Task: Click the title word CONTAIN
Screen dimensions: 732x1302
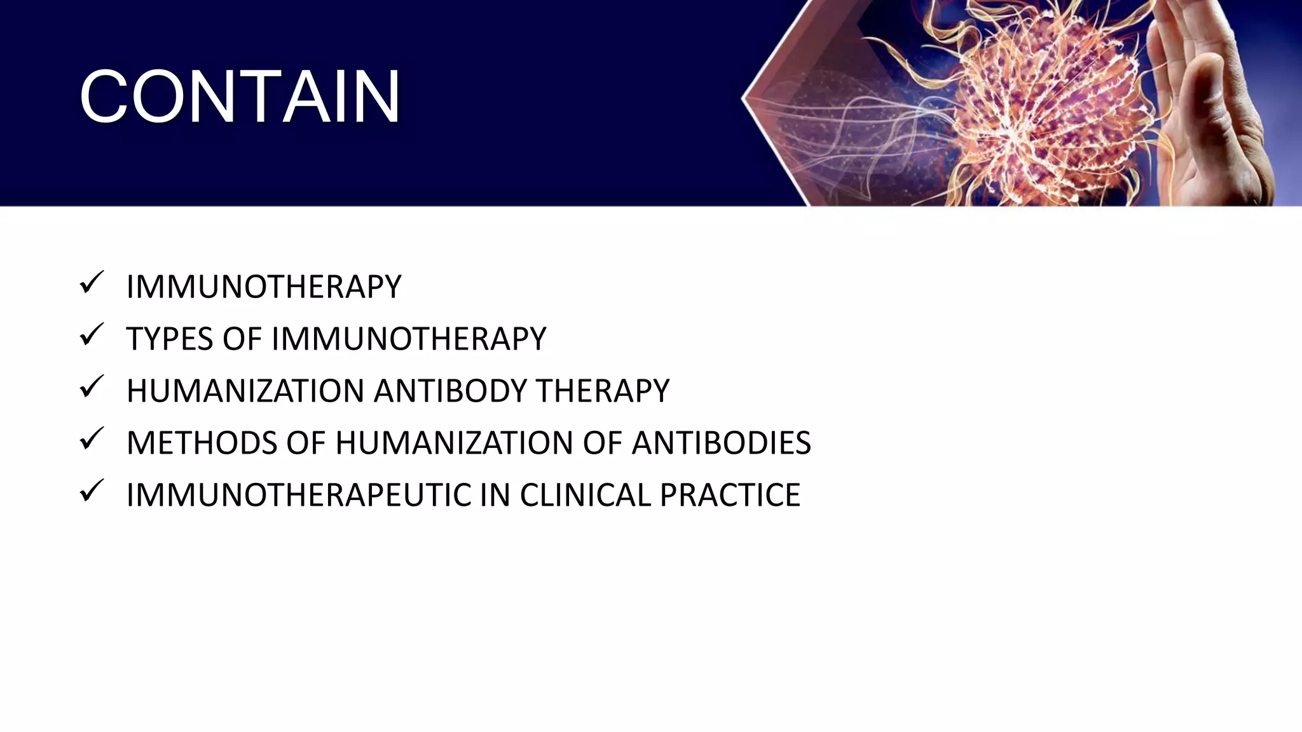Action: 240,97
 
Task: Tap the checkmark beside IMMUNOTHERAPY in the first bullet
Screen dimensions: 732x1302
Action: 92,283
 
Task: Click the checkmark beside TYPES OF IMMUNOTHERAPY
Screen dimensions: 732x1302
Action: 92,335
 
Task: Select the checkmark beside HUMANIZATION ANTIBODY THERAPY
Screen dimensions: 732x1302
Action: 92,387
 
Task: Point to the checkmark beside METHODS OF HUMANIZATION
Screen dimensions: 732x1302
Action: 92,439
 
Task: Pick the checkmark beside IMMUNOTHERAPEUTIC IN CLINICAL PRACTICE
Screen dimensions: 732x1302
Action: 92,491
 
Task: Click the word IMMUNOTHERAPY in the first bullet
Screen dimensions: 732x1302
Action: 264,287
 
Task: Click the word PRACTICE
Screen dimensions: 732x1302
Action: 730,495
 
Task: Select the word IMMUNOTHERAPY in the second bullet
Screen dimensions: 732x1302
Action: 409,339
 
